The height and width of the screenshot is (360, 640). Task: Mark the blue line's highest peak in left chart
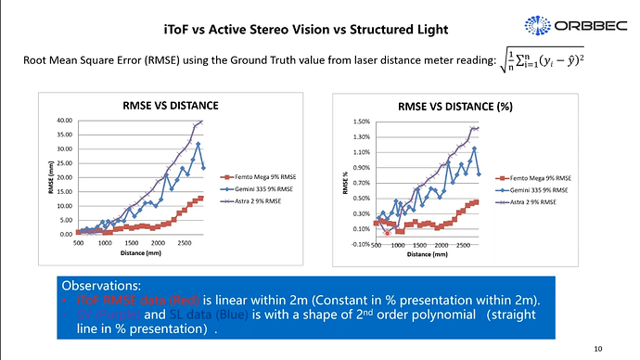pos(198,144)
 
